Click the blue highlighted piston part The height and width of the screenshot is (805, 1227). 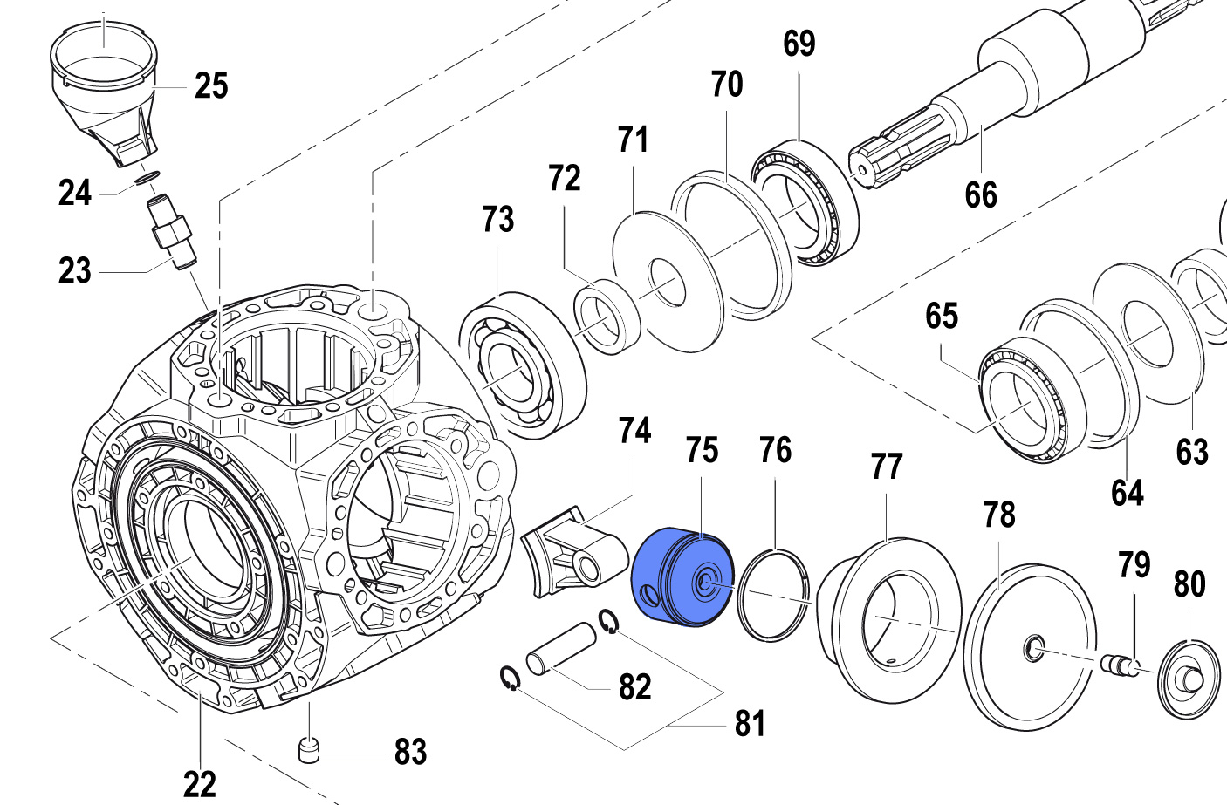click(x=682, y=576)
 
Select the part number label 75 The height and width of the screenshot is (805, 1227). click(x=702, y=451)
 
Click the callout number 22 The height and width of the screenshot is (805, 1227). click(x=200, y=784)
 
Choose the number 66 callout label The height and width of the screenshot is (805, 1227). click(x=981, y=194)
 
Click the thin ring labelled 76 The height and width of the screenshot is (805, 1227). click(x=773, y=595)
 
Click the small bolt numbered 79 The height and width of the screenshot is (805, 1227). click(x=1121, y=665)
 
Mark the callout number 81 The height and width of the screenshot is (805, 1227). click(x=750, y=723)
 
